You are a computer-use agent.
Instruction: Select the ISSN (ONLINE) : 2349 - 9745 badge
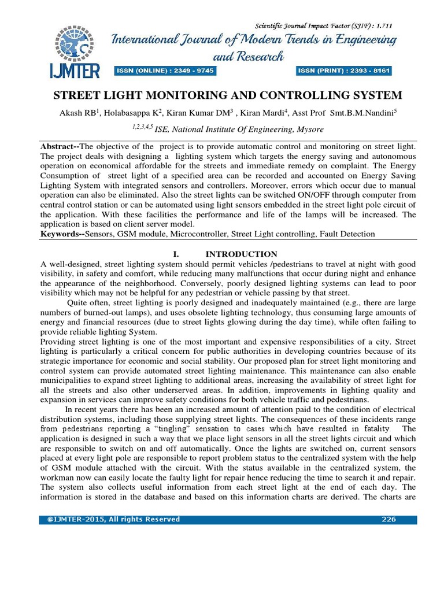(165, 71)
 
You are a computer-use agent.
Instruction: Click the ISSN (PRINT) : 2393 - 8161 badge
(344, 71)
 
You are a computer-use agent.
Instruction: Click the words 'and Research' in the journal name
(248, 56)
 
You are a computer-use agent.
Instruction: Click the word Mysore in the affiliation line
(309, 129)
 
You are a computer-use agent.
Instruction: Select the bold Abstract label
(60, 147)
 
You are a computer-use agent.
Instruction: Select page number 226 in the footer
(388, 519)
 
